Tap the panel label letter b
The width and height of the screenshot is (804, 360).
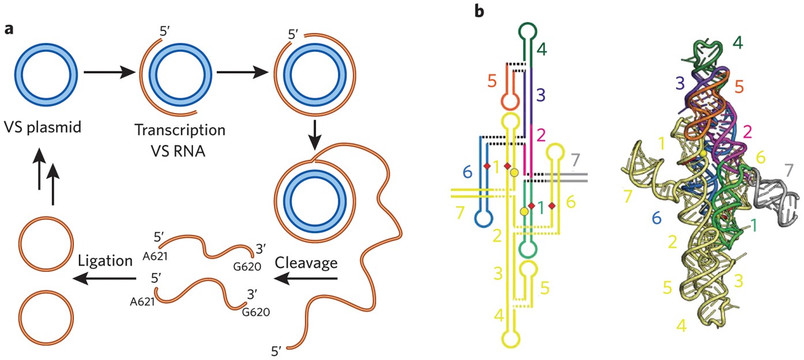click(479, 11)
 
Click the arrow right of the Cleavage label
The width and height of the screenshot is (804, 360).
click(305, 279)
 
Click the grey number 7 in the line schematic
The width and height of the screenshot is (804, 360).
click(573, 158)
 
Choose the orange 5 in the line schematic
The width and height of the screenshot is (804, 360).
click(492, 80)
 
